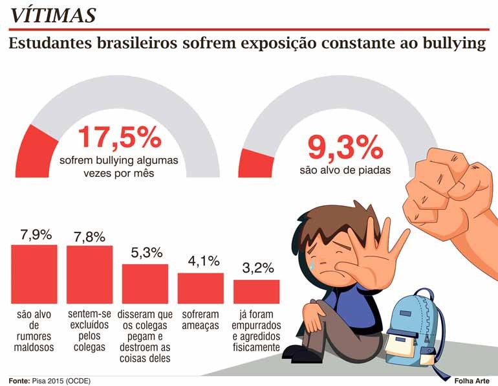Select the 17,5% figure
tap(120, 137)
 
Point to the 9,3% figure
tap(345, 148)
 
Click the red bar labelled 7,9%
tap(35, 274)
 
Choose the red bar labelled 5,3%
tap(145, 284)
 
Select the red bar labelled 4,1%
tap(200, 288)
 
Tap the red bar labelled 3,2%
tap(256, 291)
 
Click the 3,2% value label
tap(256, 267)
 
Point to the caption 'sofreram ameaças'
tap(200, 320)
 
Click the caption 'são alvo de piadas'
tap(345, 171)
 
